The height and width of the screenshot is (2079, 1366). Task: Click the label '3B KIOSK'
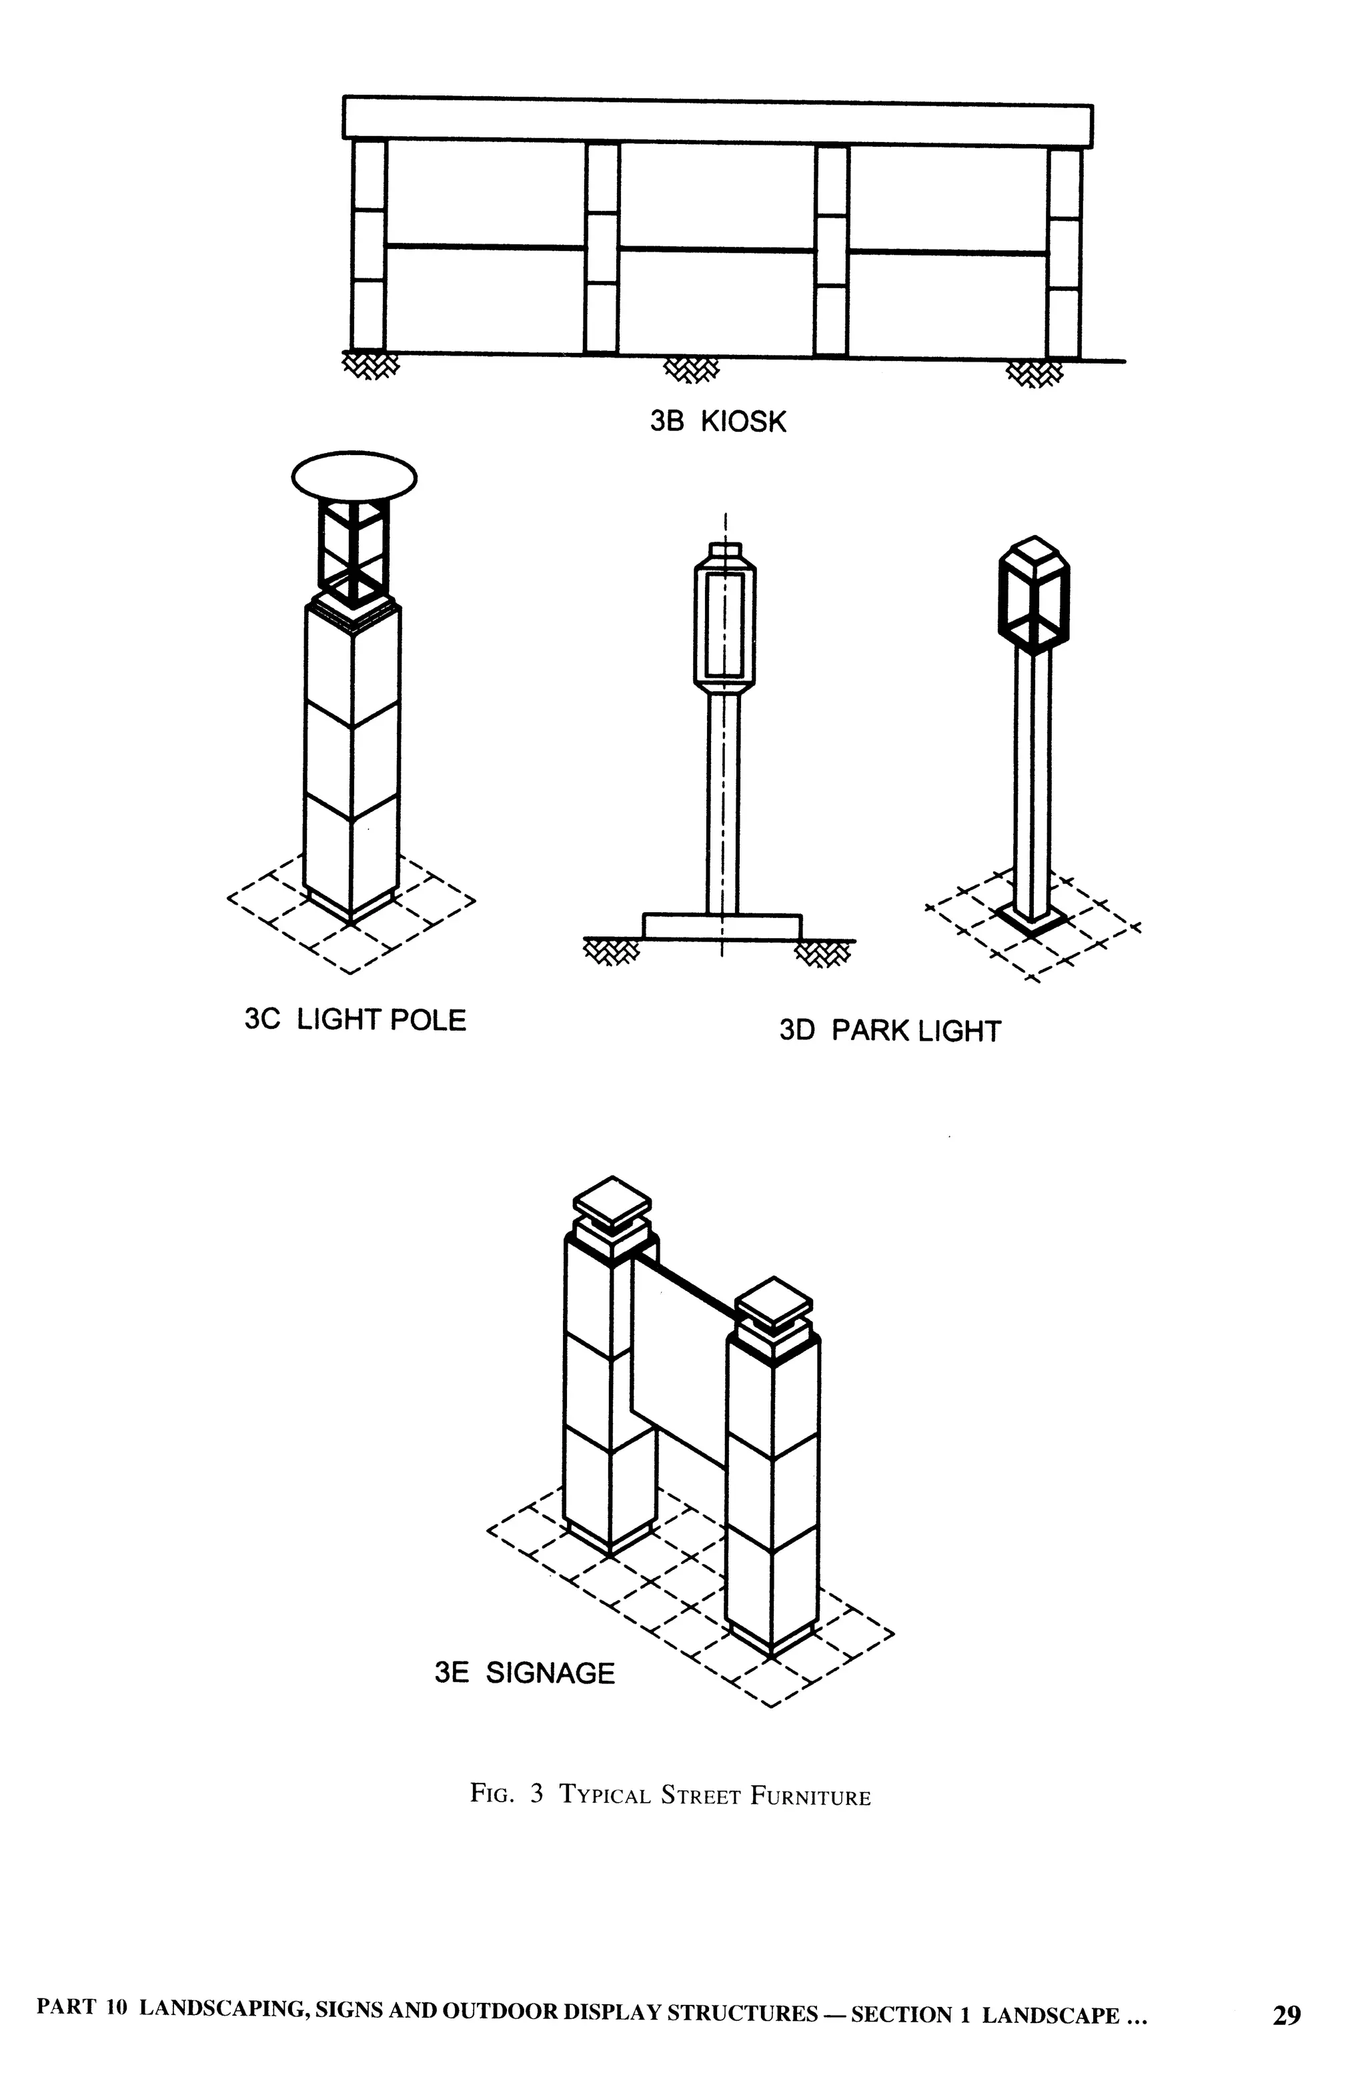[717, 422]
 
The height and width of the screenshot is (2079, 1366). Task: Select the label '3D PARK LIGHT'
[889, 1031]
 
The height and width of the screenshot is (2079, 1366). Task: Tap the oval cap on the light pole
[354, 476]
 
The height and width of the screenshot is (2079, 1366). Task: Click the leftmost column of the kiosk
[369, 245]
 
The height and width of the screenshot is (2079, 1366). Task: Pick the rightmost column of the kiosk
[1064, 254]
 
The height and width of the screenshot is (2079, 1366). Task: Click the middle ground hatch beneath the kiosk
[692, 370]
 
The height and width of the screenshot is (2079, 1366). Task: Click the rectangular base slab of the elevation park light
[722, 927]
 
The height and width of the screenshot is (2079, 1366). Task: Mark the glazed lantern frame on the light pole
[353, 554]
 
